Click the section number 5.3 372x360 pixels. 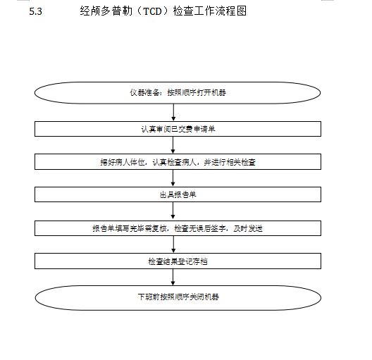point(36,11)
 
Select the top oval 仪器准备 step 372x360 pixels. point(178,93)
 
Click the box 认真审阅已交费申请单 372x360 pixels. point(178,129)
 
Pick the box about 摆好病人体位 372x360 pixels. point(178,162)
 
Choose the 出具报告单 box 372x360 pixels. point(178,194)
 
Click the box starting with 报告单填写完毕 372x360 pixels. point(178,228)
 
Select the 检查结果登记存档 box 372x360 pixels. point(178,261)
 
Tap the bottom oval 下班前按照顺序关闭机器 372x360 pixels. point(178,297)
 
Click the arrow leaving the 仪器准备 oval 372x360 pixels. point(173,113)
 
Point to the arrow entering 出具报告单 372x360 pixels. point(173,178)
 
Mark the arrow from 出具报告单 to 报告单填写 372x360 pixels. point(173,211)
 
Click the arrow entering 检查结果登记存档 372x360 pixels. point(173,244)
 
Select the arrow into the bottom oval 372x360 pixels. point(173,277)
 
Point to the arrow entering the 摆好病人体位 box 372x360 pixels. point(173,145)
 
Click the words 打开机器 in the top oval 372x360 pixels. point(211,92)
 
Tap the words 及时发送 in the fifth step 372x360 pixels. point(248,228)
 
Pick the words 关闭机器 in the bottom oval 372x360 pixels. point(204,297)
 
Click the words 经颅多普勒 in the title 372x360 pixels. point(106,11)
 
